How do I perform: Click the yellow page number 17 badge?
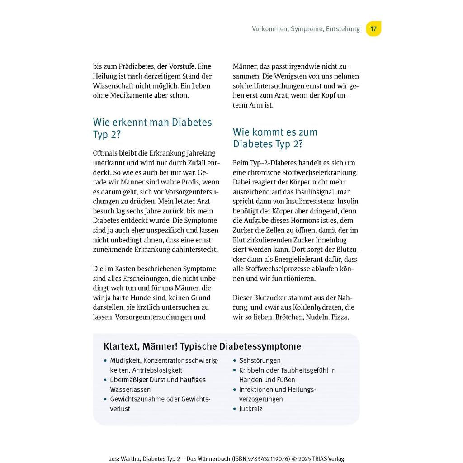pyautogui.click(x=373, y=29)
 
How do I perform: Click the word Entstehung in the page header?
pyautogui.click(x=342, y=29)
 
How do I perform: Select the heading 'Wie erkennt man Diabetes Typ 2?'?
pyautogui.click(x=152, y=128)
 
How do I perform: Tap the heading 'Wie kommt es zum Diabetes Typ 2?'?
pyautogui.click(x=275, y=138)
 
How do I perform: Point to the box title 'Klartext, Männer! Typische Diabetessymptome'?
pyautogui.click(x=202, y=346)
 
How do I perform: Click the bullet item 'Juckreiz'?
pyautogui.click(x=250, y=409)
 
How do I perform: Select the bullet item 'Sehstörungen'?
pyautogui.click(x=260, y=360)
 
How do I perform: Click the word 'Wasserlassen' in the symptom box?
pyautogui.click(x=130, y=389)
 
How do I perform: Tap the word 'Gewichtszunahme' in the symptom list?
pyautogui.click(x=137, y=399)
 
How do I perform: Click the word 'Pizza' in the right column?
pyautogui.click(x=340, y=317)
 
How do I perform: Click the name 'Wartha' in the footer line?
pyautogui.click(x=129, y=458)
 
